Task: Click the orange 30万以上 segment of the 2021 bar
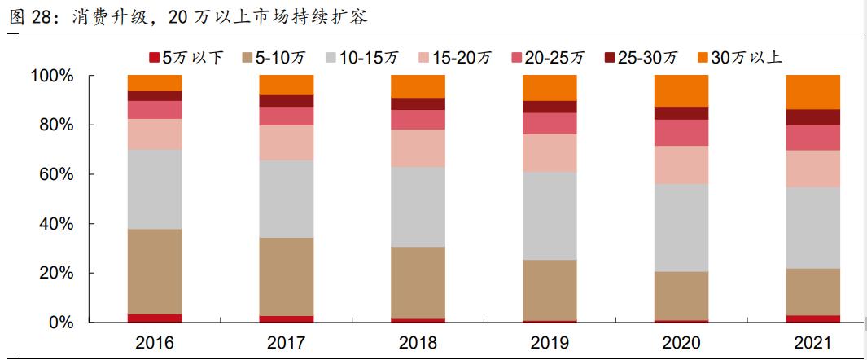pyautogui.click(x=812, y=91)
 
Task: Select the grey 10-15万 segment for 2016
pyautogui.click(x=155, y=189)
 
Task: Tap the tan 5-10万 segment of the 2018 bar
pyautogui.click(x=418, y=283)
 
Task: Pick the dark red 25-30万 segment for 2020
pyautogui.click(x=681, y=112)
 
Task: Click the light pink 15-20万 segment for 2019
pyautogui.click(x=550, y=152)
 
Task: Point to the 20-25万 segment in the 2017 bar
pyautogui.click(x=286, y=116)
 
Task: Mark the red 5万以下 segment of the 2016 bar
pyautogui.click(x=155, y=318)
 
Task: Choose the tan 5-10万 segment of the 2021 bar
pyautogui.click(x=812, y=292)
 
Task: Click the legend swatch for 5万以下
pyautogui.click(x=153, y=57)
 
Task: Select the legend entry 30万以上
pyautogui.click(x=747, y=57)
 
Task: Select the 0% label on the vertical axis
pyautogui.click(x=60, y=323)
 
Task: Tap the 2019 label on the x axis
pyautogui.click(x=550, y=342)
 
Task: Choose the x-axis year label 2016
pyautogui.click(x=155, y=342)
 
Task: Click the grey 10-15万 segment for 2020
pyautogui.click(x=681, y=227)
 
